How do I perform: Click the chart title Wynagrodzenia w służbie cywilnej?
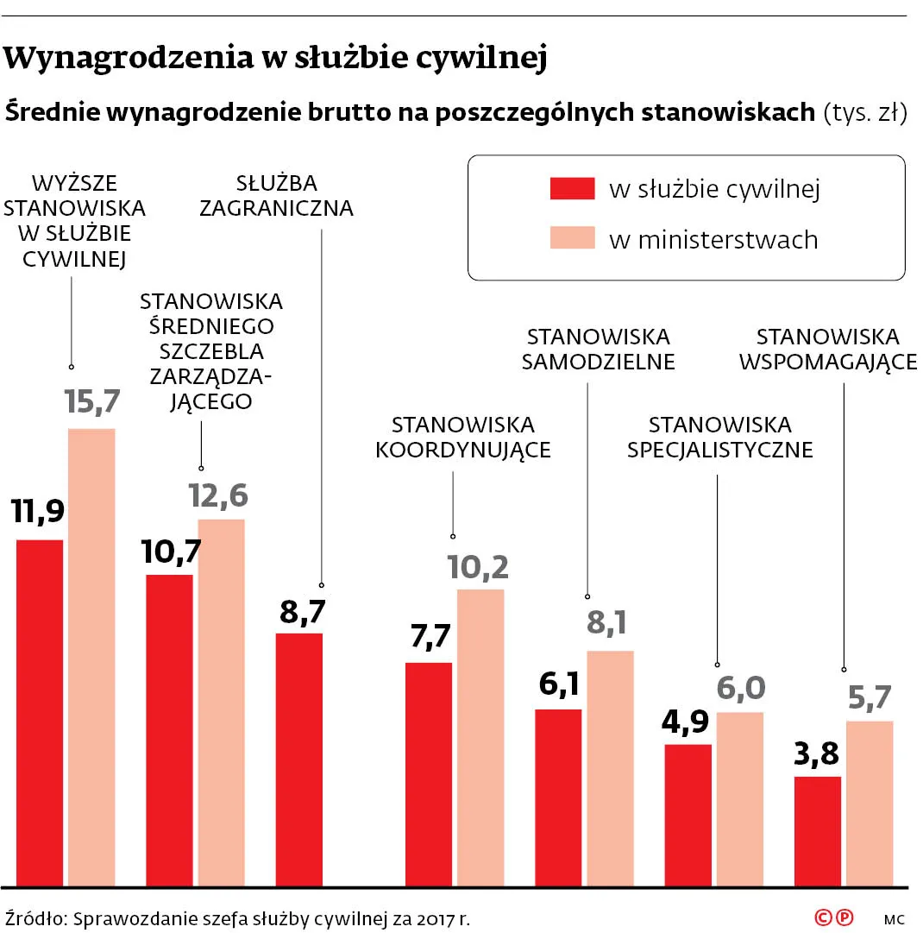click(x=276, y=59)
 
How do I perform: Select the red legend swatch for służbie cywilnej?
click(x=572, y=189)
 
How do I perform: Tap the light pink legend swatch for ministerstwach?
click(x=572, y=238)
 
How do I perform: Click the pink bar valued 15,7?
click(x=91, y=656)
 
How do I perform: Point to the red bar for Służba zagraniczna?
click(x=298, y=759)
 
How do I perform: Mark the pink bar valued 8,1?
click(x=610, y=767)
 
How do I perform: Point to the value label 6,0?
click(x=740, y=688)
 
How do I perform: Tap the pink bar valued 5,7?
click(x=870, y=803)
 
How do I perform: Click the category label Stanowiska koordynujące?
click(x=463, y=438)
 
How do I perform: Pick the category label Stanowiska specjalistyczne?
click(x=719, y=438)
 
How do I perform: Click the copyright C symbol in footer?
click(x=824, y=917)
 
